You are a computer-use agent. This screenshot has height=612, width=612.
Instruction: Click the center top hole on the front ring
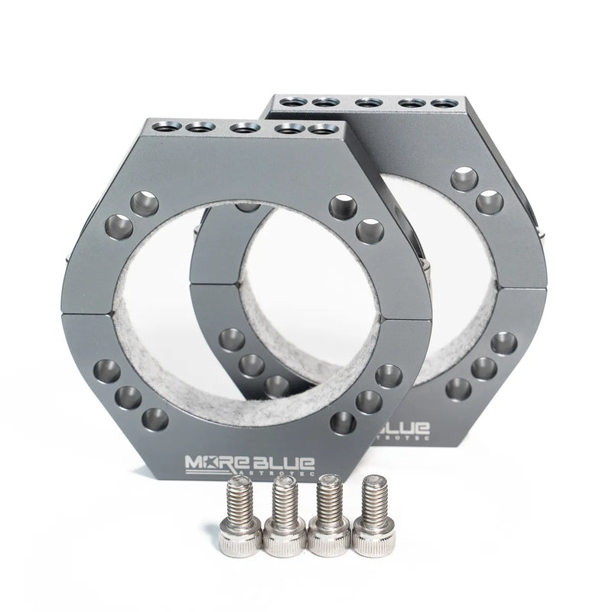(243, 129)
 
